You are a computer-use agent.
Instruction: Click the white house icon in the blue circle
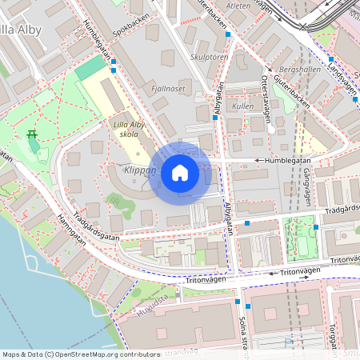click(x=180, y=173)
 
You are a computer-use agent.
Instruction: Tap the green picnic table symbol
click(x=33, y=134)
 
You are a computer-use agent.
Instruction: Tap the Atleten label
click(x=239, y=5)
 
